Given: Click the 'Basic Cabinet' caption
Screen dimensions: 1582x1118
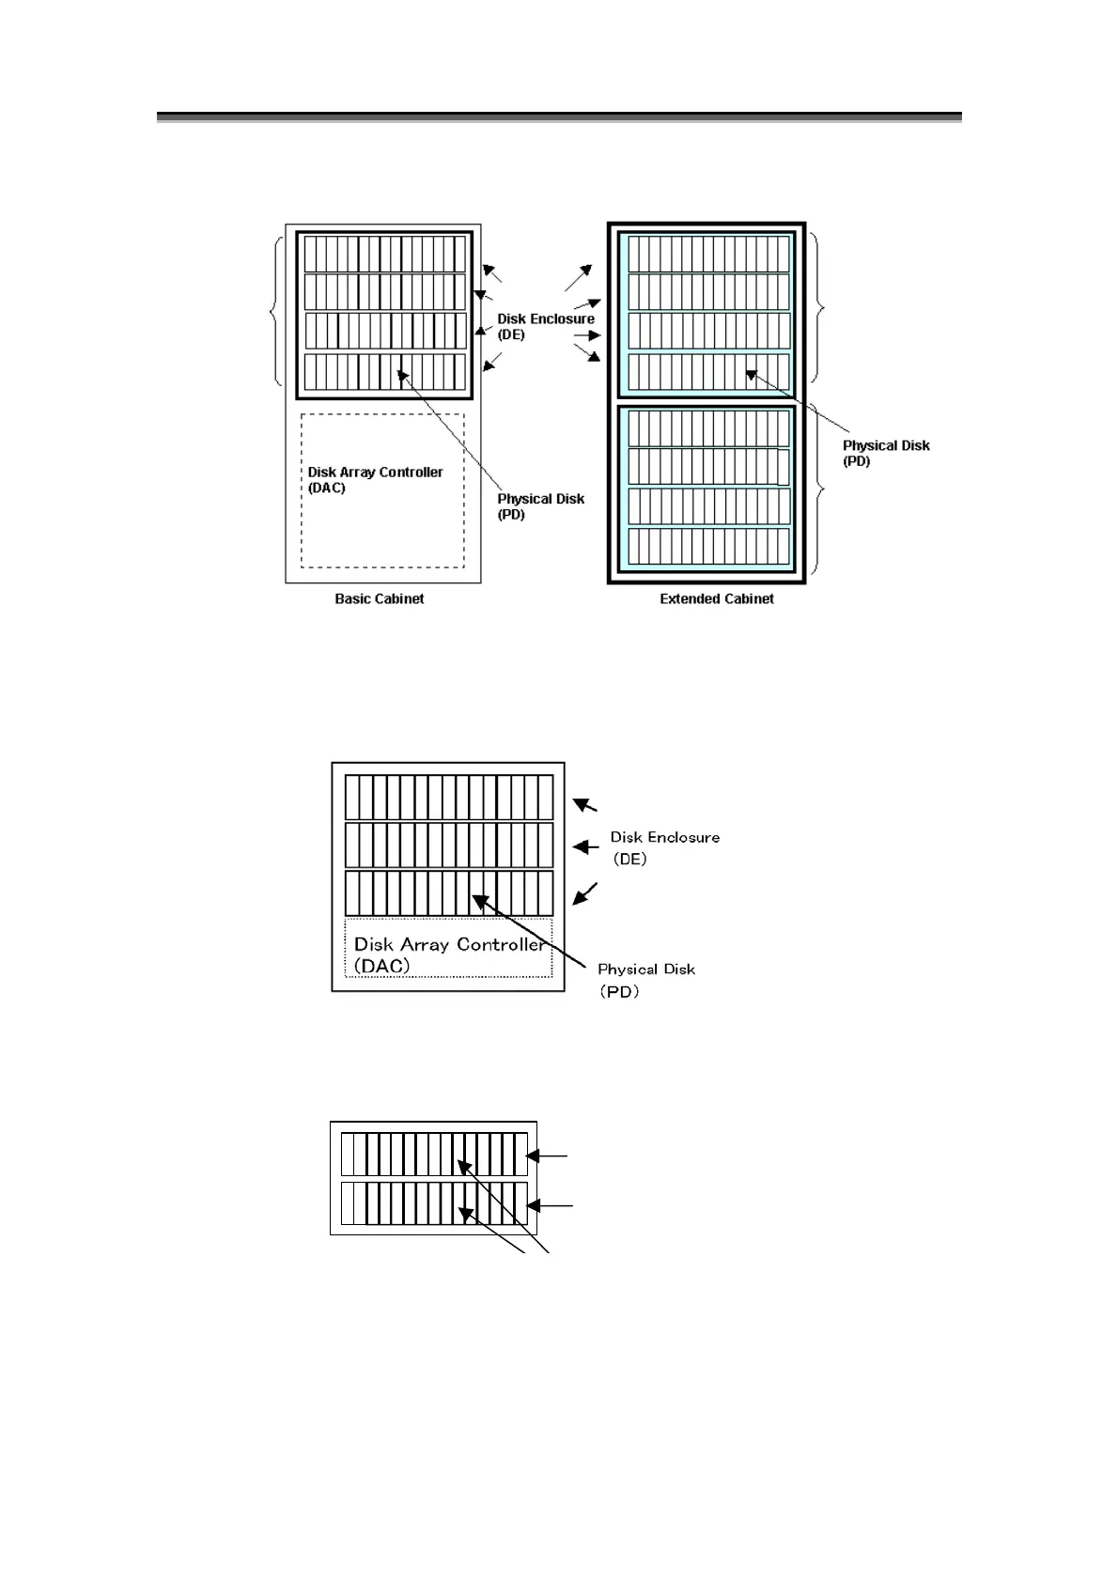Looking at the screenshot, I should [379, 598].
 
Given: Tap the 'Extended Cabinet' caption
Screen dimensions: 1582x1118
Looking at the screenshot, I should [716, 598].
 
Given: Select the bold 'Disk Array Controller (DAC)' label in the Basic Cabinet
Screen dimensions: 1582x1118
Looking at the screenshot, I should [375, 480].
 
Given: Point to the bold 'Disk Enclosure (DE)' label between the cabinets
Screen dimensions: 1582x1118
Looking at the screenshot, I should [546, 326].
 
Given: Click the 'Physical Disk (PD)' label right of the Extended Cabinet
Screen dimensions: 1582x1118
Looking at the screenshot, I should [885, 453].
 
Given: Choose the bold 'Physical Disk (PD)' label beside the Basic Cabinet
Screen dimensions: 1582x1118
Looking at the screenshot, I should [540, 506].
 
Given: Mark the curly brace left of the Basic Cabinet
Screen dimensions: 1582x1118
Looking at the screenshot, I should [275, 309].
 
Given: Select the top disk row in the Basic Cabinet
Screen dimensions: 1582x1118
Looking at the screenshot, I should [385, 253].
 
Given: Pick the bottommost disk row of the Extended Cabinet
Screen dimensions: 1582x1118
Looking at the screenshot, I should [708, 546].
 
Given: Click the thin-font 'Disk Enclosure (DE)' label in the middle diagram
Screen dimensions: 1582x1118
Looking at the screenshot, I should [664, 847].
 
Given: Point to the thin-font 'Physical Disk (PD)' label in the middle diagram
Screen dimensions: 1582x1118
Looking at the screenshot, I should [645, 979].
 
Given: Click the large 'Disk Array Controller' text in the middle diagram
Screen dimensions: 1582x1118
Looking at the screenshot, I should [448, 944].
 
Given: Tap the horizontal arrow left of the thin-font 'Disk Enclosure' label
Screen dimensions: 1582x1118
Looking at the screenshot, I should [586, 847].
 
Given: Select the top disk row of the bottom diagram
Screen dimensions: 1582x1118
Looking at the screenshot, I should [434, 1155].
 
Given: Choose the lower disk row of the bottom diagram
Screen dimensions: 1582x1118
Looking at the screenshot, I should [434, 1203].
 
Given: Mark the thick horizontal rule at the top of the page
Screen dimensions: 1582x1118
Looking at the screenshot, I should [559, 117].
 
